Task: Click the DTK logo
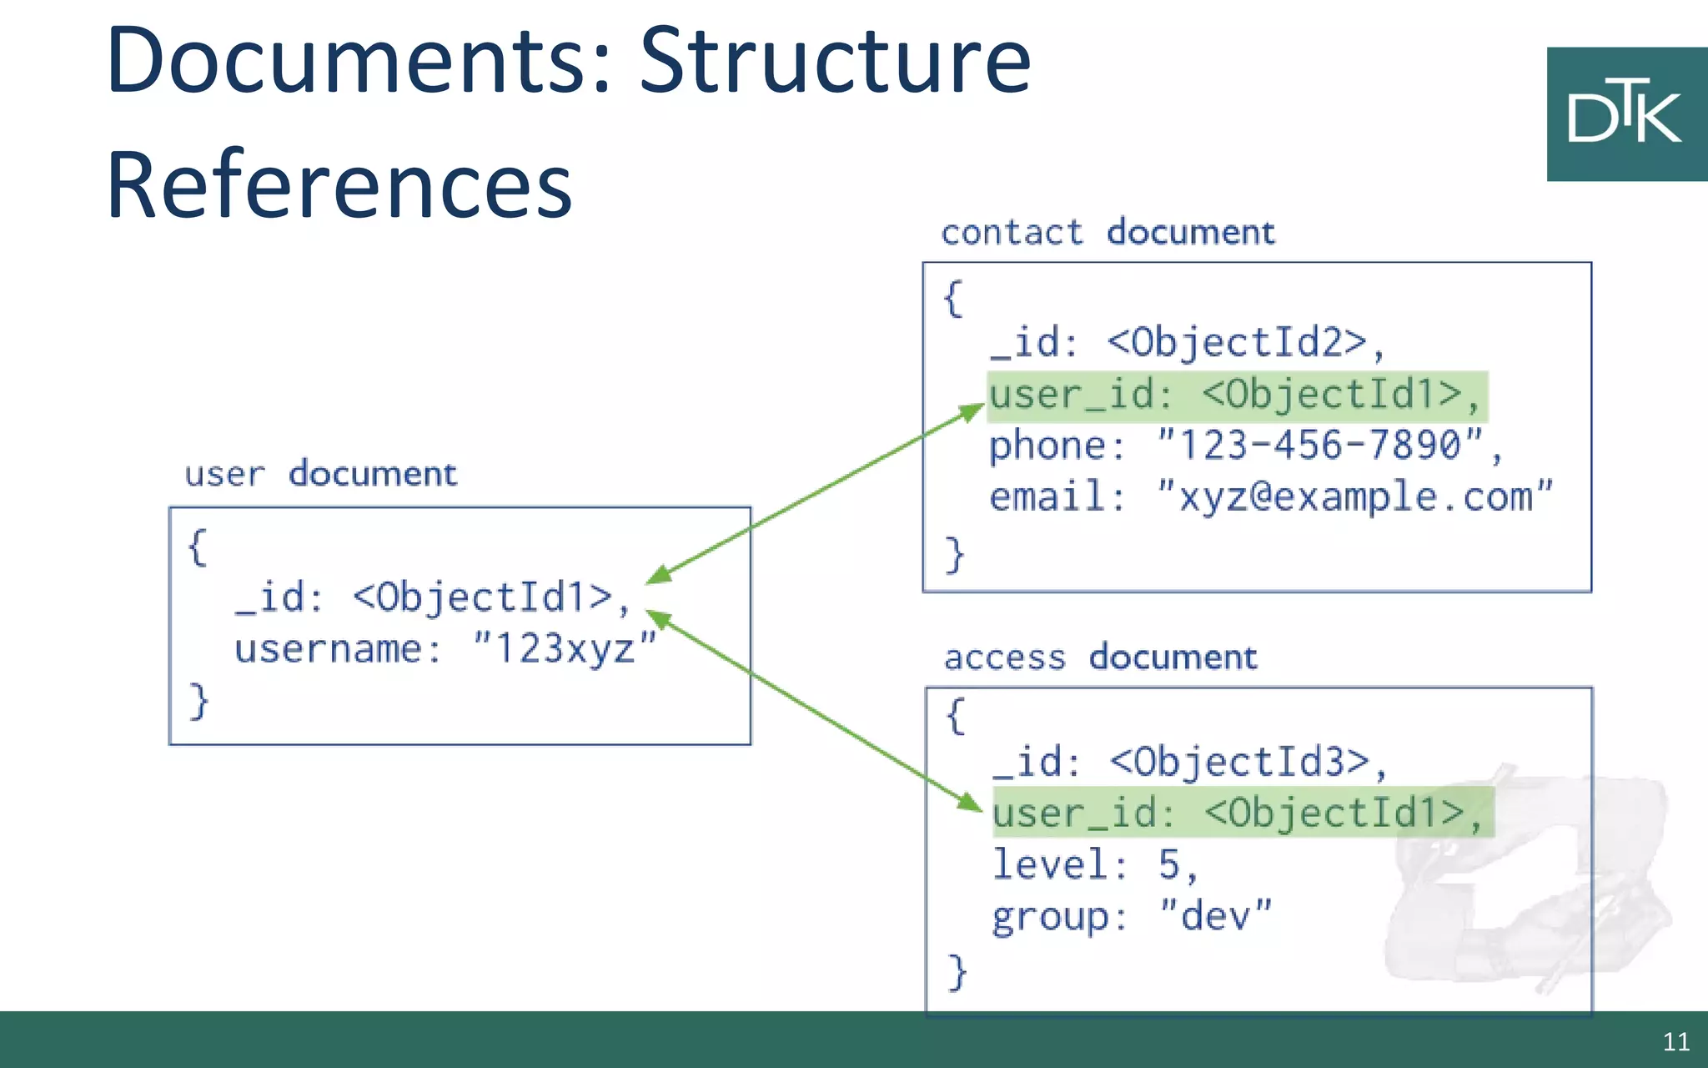[1625, 114]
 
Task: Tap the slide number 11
[1675, 1041]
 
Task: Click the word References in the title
[339, 185]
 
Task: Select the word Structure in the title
[835, 61]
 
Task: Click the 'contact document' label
[1108, 232]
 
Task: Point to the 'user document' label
[321, 474]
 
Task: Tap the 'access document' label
[1100, 657]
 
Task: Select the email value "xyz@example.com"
[1354, 497]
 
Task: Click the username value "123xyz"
[565, 648]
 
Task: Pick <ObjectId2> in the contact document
[1237, 342]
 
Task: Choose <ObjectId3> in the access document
[1239, 762]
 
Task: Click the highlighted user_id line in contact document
[1237, 395]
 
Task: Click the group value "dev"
[1215, 916]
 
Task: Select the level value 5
[1168, 864]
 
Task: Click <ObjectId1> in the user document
[482, 597]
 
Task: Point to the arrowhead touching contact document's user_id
[972, 411]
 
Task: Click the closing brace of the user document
[198, 700]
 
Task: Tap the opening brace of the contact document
[953, 298]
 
